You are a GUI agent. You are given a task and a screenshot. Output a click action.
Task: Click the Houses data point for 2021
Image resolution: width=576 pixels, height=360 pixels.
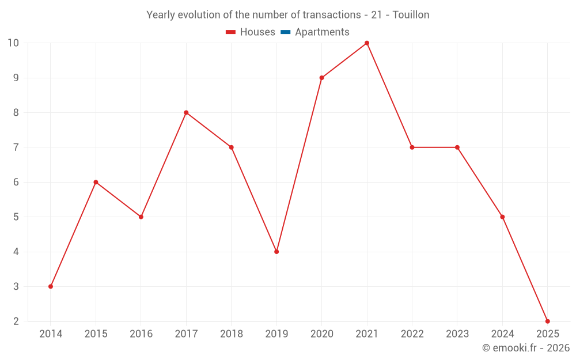point(367,43)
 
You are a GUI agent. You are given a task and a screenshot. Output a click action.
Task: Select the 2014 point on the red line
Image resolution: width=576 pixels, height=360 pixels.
point(51,286)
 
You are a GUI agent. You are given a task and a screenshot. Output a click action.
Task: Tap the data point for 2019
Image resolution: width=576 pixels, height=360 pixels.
point(276,252)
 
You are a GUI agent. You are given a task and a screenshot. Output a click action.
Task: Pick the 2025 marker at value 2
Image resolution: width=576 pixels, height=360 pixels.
point(547,321)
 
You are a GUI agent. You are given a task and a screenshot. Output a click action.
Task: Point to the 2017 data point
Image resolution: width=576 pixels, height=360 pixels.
point(186,112)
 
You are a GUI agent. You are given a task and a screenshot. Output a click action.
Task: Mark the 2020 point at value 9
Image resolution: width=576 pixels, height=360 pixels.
point(321,78)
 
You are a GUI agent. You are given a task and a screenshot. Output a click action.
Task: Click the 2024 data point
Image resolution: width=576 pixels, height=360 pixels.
point(502,217)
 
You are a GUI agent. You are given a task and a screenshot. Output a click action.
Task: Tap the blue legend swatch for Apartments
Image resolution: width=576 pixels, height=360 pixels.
point(285,32)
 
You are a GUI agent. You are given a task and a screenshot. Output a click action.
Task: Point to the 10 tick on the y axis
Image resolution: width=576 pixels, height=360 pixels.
point(13,43)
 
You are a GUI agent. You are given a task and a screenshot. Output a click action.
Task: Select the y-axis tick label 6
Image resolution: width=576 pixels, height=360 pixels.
point(16,182)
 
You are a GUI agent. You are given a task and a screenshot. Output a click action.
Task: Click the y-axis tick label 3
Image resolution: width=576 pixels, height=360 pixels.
point(16,286)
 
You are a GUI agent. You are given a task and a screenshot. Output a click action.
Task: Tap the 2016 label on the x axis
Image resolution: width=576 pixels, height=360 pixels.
point(141,334)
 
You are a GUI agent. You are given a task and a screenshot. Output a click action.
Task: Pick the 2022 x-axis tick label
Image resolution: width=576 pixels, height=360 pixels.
point(412,334)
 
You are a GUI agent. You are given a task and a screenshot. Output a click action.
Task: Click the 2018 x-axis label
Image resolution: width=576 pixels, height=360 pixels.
point(232,334)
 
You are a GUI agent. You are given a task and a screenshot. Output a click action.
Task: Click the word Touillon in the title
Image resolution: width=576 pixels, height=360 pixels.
point(411,15)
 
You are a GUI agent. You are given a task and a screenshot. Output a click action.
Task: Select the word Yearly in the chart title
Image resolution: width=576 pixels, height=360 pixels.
point(160,15)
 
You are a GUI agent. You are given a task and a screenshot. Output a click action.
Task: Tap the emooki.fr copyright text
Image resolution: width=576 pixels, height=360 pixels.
point(526,348)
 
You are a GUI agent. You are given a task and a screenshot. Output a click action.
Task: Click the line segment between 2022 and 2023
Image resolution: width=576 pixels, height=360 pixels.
point(435,147)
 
